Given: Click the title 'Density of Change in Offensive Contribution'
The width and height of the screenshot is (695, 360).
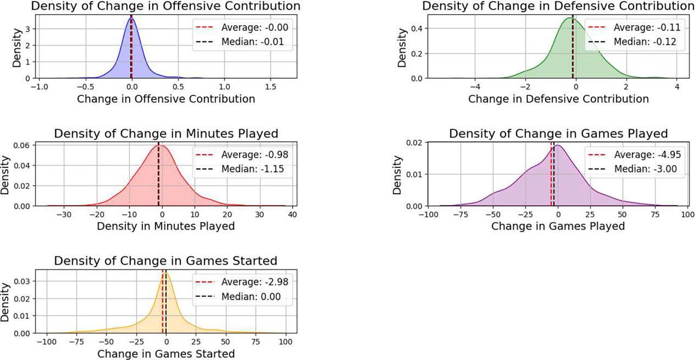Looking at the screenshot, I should pyautogui.click(x=166, y=7).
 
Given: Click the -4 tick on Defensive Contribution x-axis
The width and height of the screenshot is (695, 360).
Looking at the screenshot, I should pyautogui.click(x=475, y=87).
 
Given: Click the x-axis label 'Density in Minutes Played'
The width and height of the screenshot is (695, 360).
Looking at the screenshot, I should pyautogui.click(x=166, y=226).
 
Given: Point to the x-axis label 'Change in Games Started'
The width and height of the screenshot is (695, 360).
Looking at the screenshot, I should pyautogui.click(x=166, y=354).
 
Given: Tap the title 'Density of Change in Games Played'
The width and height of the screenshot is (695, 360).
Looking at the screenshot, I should pyautogui.click(x=558, y=134).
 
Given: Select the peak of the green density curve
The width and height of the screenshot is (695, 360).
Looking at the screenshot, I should pyautogui.click(x=571, y=18).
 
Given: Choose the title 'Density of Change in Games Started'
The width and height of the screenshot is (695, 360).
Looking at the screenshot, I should pyautogui.click(x=166, y=261).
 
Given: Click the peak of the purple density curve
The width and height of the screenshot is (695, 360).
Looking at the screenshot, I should pyautogui.click(x=558, y=145).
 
